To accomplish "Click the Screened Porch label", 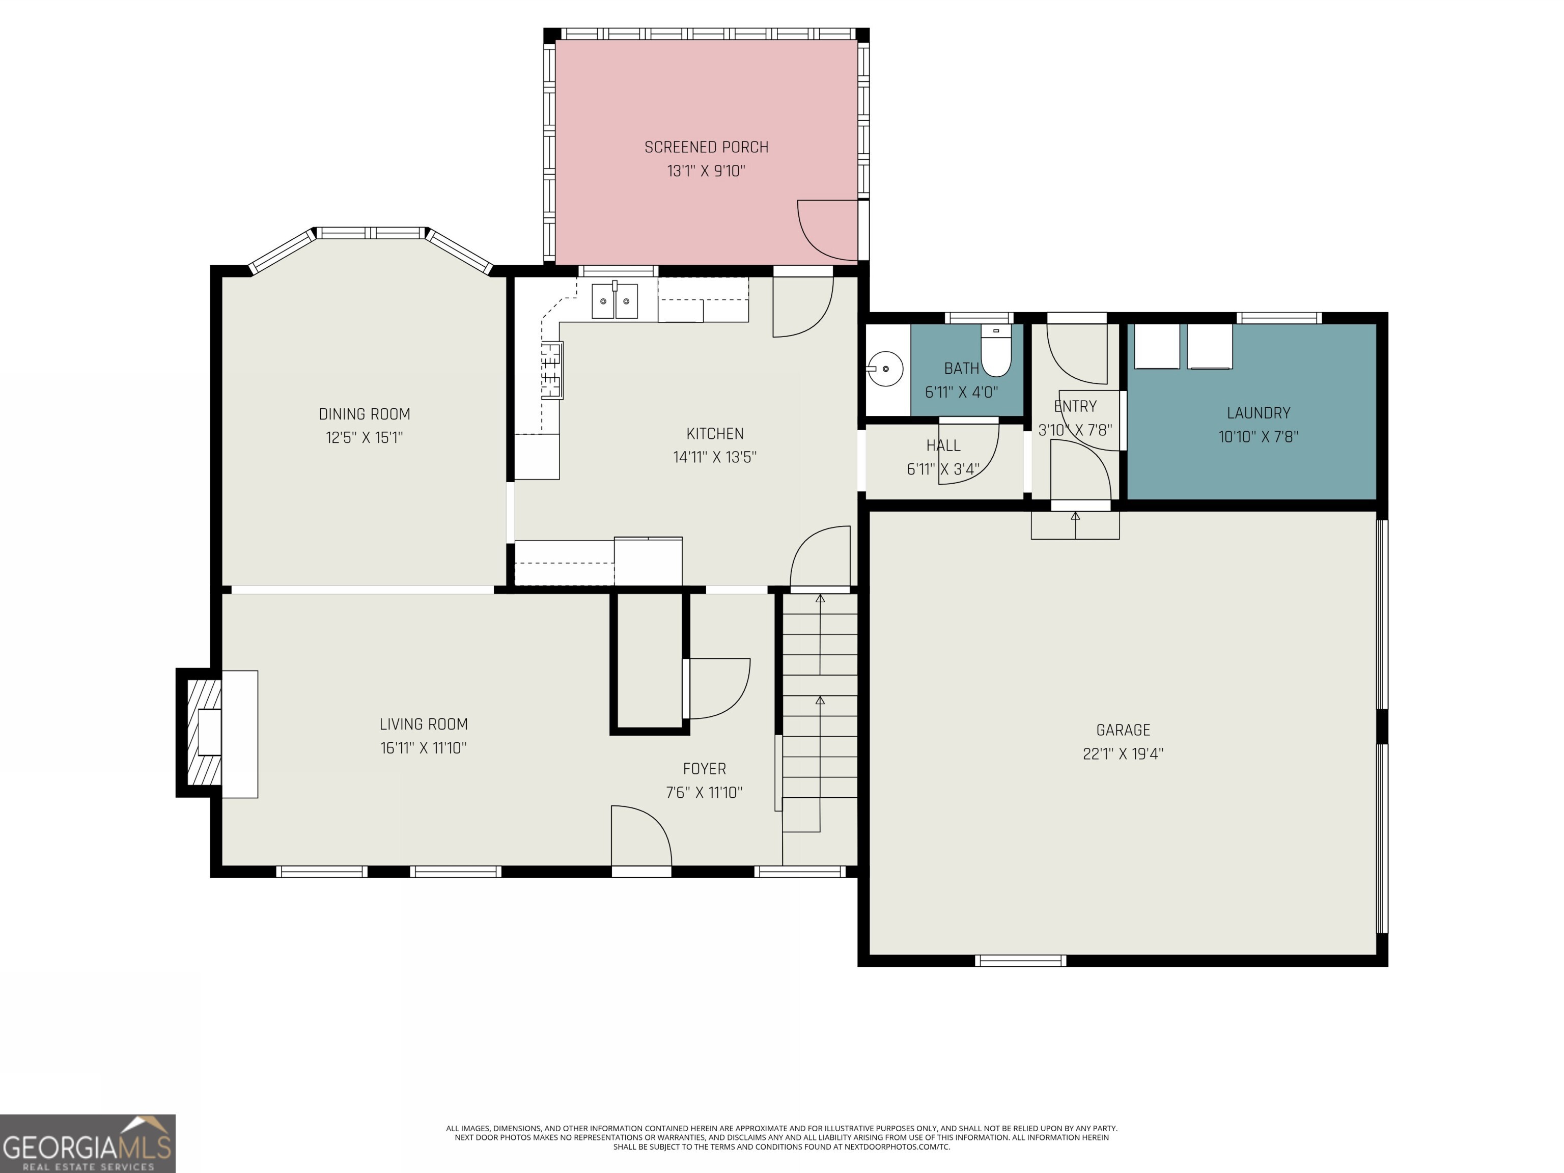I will point(706,147).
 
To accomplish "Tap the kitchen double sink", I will point(615,301).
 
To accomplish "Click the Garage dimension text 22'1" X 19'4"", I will point(1122,753).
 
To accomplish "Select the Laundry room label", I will point(1258,413).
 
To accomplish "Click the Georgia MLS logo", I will point(87,1143).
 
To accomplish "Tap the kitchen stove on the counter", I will point(551,371).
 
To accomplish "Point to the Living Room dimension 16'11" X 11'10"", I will point(423,748).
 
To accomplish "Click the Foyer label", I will point(704,769).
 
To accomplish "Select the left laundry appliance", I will point(1156,347).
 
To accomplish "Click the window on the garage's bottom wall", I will point(1020,960).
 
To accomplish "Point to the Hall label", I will point(943,445).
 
